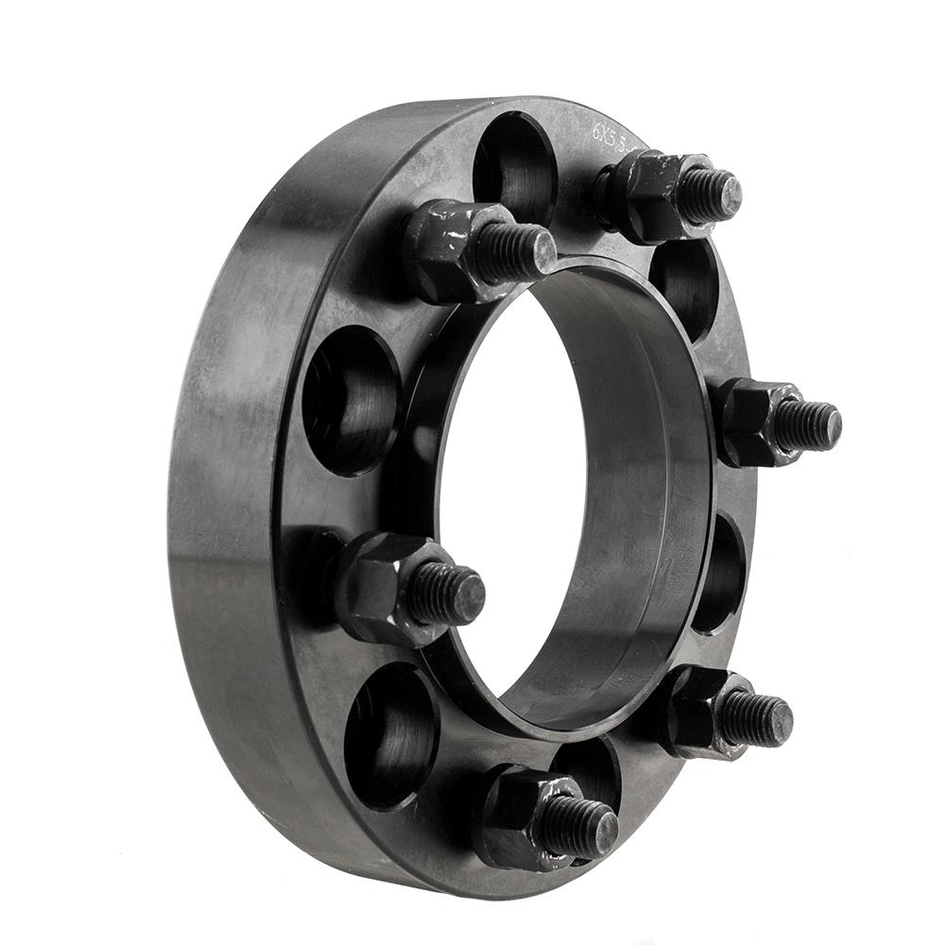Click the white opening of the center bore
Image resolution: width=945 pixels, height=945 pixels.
pos(510,491)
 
